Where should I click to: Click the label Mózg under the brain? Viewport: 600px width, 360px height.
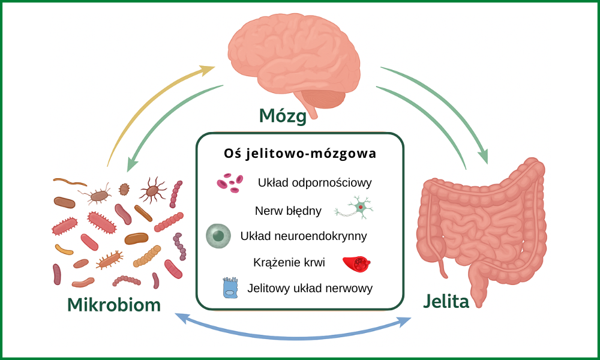coord(283,115)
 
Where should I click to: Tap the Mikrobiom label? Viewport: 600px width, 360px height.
coord(114,304)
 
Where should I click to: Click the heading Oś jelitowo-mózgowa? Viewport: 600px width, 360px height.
coord(300,154)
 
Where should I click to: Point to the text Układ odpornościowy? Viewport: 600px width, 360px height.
coord(315,182)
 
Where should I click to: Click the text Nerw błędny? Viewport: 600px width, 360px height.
coord(288,211)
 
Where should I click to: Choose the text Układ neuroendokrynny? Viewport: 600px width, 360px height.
coord(304,236)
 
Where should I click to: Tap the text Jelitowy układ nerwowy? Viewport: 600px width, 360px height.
coord(310,288)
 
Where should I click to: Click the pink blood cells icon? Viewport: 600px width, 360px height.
coord(229,182)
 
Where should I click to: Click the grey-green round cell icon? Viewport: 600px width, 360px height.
coord(218,236)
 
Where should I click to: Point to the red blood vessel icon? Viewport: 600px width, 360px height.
coord(359,263)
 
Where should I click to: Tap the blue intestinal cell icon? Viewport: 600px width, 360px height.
coord(230,288)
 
